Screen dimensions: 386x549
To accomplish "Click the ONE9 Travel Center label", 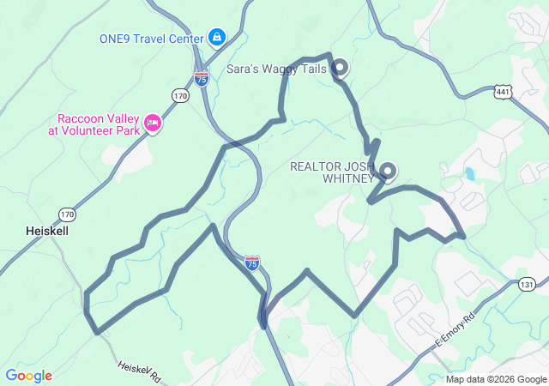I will [151, 38].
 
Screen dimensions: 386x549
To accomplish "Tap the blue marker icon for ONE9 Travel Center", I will [217, 38].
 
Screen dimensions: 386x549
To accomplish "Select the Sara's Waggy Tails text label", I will [276, 69].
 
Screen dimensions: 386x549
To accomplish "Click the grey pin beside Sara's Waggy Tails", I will [339, 66].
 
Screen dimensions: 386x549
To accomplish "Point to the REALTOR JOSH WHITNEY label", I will [332, 172].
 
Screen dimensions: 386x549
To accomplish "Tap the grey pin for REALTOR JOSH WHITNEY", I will [387, 171].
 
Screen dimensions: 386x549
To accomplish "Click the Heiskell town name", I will [46, 232].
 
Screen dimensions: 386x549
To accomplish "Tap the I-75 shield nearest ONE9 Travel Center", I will [202, 79].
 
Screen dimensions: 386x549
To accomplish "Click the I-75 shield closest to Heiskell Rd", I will [251, 263].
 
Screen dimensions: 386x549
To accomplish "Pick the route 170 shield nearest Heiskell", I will [67, 213].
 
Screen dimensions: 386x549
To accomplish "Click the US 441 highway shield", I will [504, 91].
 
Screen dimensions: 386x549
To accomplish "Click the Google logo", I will [28, 376].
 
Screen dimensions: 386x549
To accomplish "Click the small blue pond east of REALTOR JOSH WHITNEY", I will [470, 174].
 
